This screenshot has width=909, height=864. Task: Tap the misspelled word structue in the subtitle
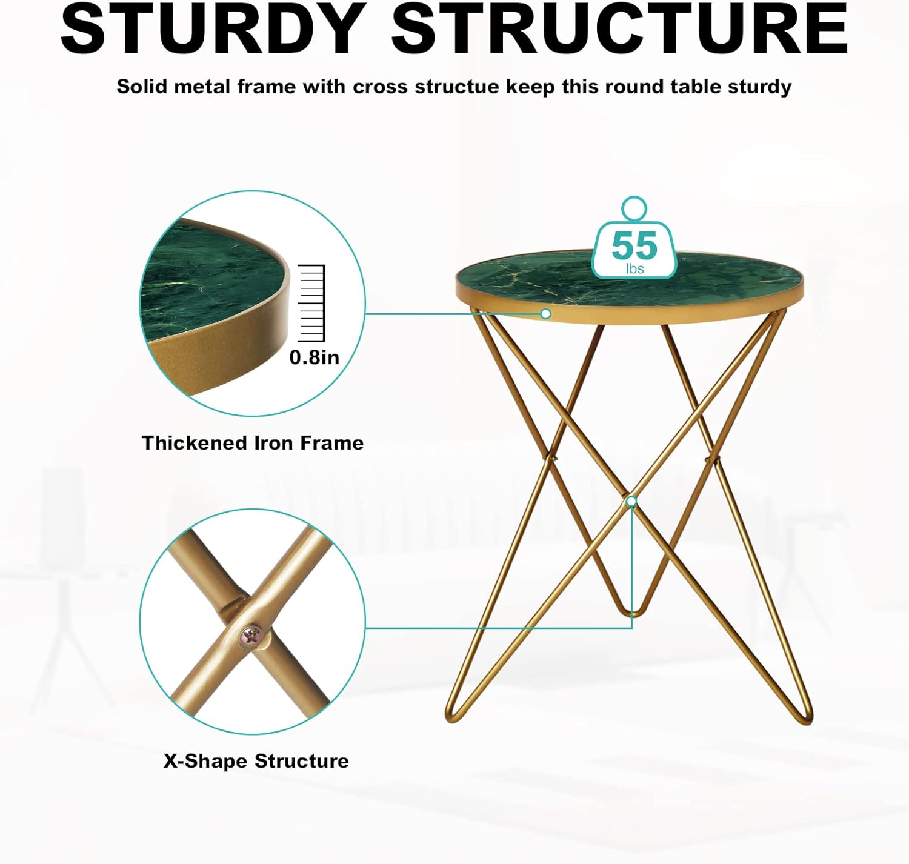click(x=456, y=87)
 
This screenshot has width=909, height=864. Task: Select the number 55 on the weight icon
click(x=634, y=245)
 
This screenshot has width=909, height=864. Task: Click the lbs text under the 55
click(x=634, y=268)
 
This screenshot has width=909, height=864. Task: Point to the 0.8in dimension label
click(x=314, y=357)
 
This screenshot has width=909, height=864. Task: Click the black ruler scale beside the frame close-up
click(x=312, y=303)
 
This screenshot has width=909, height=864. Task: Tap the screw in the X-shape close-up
click(x=251, y=636)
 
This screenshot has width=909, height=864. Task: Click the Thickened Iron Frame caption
click(x=253, y=443)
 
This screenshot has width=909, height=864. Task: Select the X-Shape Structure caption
click(x=256, y=761)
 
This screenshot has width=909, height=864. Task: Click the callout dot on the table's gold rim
click(x=545, y=313)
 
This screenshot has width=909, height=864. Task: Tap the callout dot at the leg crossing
click(x=631, y=501)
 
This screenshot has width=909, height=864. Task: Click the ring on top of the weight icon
click(x=634, y=208)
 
